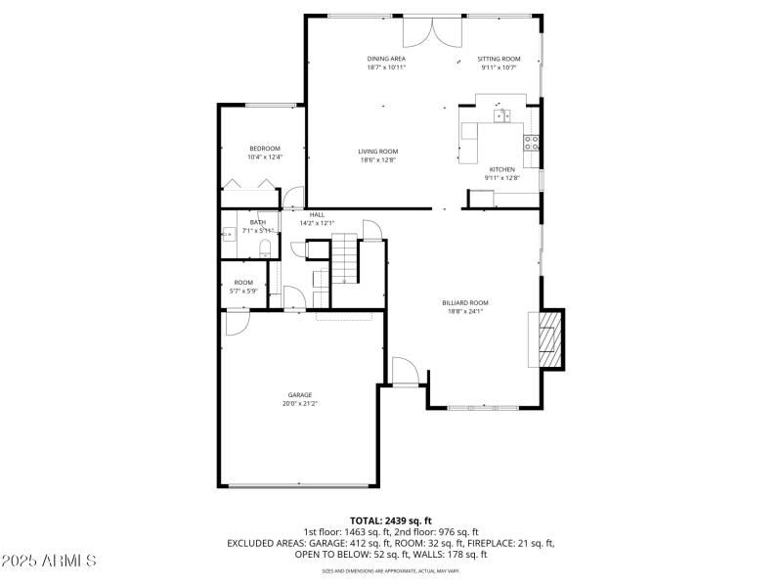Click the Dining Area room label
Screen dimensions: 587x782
[x=386, y=59]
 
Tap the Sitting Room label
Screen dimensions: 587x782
[x=499, y=59]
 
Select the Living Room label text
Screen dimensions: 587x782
[x=377, y=151]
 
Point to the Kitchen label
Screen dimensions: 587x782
[x=501, y=169]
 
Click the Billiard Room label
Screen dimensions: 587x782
[x=465, y=303]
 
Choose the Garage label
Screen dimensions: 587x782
[x=300, y=394]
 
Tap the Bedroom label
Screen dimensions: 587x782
[x=264, y=148]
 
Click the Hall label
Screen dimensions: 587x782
[x=317, y=214]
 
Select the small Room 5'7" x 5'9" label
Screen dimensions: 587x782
[x=243, y=283]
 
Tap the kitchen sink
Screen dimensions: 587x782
[x=502, y=116]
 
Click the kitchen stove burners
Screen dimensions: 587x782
[x=533, y=142]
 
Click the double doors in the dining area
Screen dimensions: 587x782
[x=432, y=31]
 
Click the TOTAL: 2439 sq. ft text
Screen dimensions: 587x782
[x=391, y=520]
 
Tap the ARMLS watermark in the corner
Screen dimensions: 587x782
[x=49, y=562]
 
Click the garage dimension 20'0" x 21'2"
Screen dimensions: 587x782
[x=300, y=403]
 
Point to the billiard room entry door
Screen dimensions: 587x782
[x=405, y=372]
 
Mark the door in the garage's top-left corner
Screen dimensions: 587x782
[x=238, y=323]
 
